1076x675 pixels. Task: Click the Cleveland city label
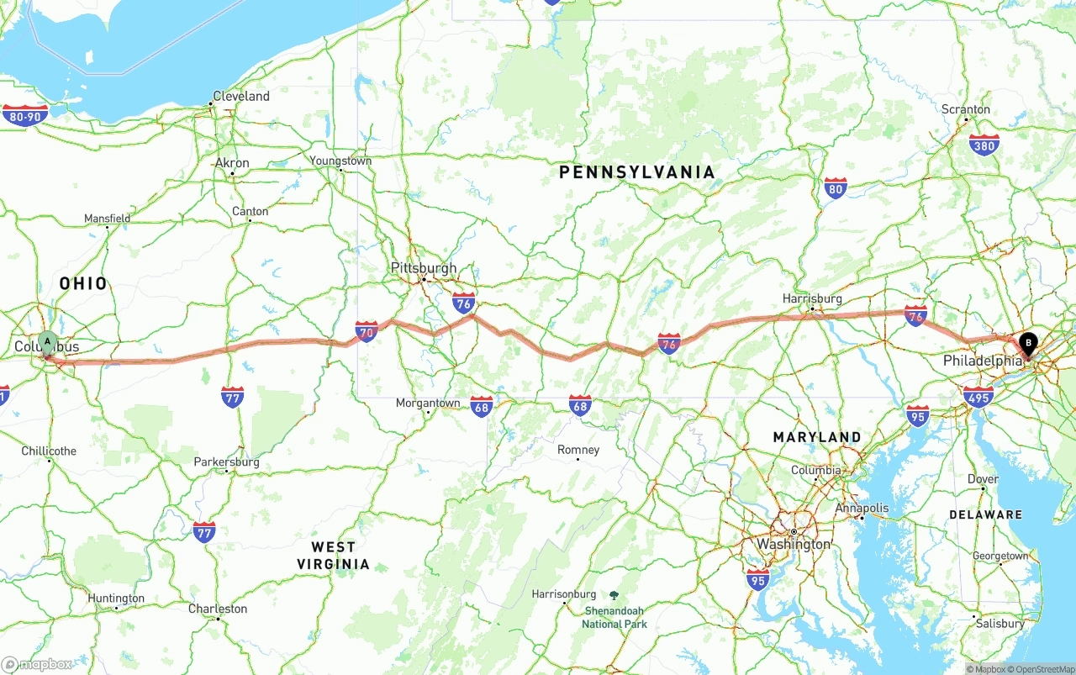pyautogui.click(x=241, y=96)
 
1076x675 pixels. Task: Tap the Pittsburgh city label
pyautogui.click(x=424, y=268)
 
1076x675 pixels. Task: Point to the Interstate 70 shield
pyautogui.click(x=367, y=331)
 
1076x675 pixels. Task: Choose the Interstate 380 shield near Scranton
pyautogui.click(x=984, y=145)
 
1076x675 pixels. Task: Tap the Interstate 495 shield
pyautogui.click(x=978, y=397)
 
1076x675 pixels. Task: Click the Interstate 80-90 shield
pyautogui.click(x=25, y=115)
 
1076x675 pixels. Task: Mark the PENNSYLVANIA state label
pyautogui.click(x=637, y=172)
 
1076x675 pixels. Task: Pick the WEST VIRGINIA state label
pyautogui.click(x=333, y=556)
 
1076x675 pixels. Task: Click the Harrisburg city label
pyautogui.click(x=812, y=298)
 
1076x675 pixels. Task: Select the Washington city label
pyautogui.click(x=794, y=544)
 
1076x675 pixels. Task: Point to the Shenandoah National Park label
pyautogui.click(x=614, y=617)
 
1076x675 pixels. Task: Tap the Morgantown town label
pyautogui.click(x=428, y=403)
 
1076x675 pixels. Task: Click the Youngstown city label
pyautogui.click(x=340, y=161)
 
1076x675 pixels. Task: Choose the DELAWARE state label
pyautogui.click(x=985, y=514)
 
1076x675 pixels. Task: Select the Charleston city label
pyautogui.click(x=218, y=609)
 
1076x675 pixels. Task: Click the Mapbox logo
pyautogui.click(x=37, y=664)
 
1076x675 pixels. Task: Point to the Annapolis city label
pyautogui.click(x=862, y=508)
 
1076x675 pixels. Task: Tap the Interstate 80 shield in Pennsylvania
pyautogui.click(x=835, y=189)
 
